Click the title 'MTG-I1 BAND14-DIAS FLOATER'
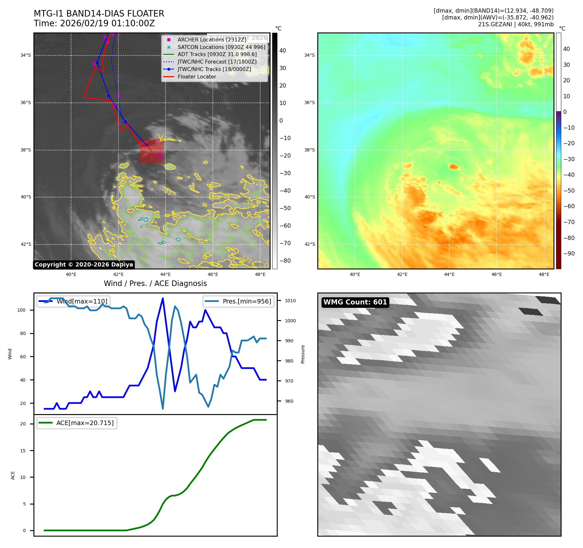(99, 14)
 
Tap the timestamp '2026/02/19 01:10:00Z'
(107, 24)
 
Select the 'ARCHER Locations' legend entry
(212, 40)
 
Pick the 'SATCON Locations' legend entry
(221, 47)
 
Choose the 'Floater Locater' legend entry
(197, 77)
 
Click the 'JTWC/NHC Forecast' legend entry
(217, 62)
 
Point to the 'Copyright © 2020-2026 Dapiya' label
(84, 265)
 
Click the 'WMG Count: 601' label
(355, 302)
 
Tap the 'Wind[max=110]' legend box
(73, 301)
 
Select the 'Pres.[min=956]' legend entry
(238, 301)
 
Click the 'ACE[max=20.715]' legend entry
(77, 423)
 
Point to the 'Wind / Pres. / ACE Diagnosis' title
(155, 283)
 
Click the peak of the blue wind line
(163, 298)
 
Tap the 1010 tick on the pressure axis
(290, 301)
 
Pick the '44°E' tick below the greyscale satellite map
(165, 274)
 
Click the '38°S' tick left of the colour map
(309, 150)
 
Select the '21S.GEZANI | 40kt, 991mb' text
(516, 24)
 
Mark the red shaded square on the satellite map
(152, 151)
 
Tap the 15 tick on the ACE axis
(23, 451)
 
